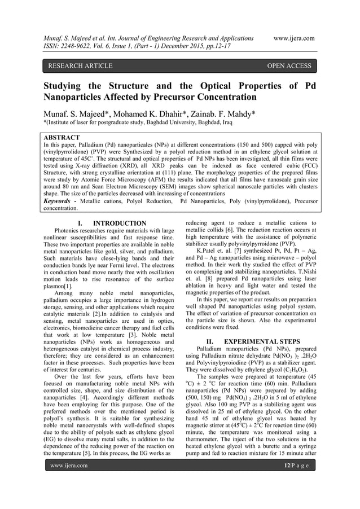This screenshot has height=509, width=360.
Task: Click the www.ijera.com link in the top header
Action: click(x=293, y=37)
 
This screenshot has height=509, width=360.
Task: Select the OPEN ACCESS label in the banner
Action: click(x=289, y=66)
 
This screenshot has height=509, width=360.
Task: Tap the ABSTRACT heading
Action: click(x=62, y=137)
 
